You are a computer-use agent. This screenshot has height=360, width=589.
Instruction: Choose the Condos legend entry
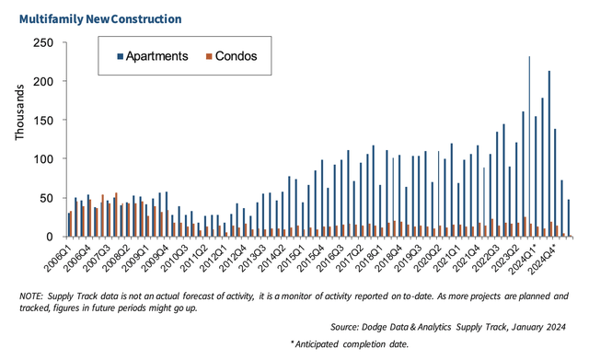[236, 56]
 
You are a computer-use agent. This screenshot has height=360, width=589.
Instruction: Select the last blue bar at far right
[568, 218]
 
